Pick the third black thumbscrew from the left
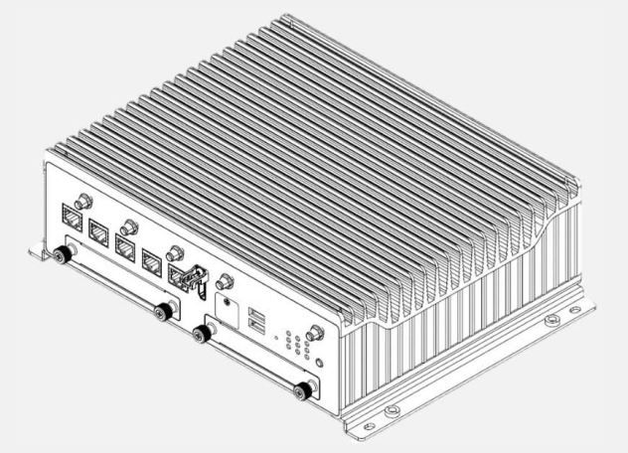coord(203,335)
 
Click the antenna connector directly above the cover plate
coord(226,282)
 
